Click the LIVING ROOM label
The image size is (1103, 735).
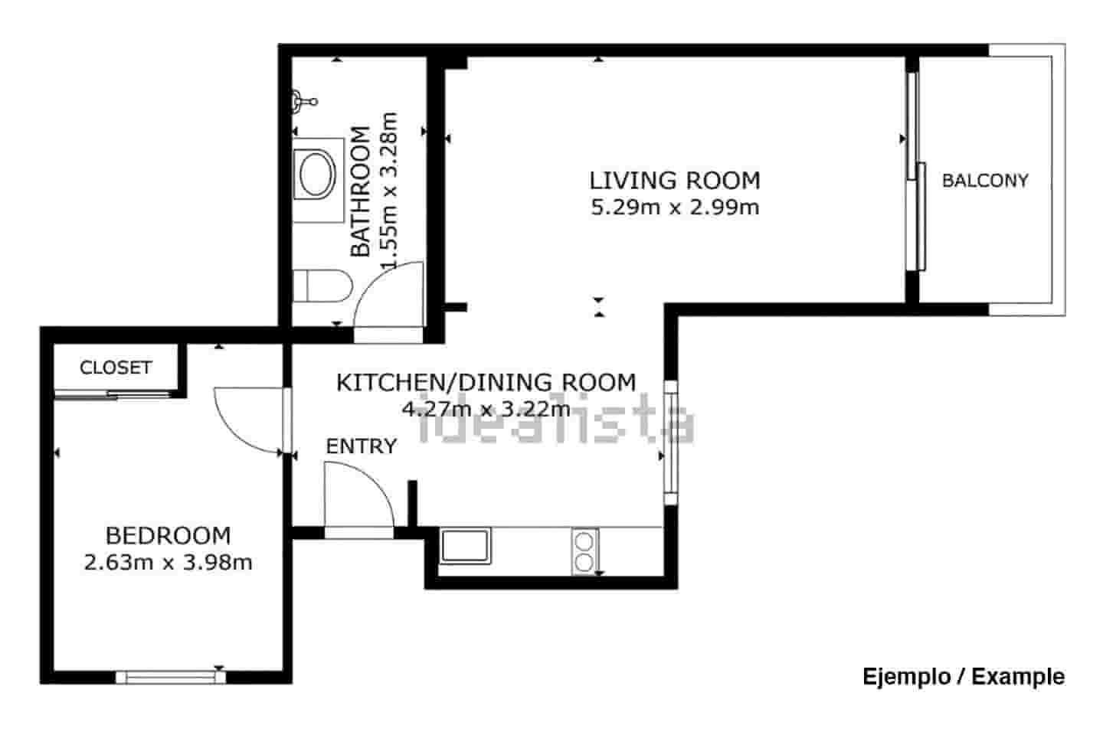674,181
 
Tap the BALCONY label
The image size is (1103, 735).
984,181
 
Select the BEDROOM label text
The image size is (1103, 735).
168,535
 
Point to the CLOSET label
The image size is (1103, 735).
116,367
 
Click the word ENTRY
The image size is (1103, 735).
361,446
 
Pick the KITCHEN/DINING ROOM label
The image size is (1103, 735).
486,382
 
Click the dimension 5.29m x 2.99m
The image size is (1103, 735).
674,207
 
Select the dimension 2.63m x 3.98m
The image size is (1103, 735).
168,563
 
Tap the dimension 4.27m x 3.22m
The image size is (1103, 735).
486,409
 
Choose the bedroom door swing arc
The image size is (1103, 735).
249,421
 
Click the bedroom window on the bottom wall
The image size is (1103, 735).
171,676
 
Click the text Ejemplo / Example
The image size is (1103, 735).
963,677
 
